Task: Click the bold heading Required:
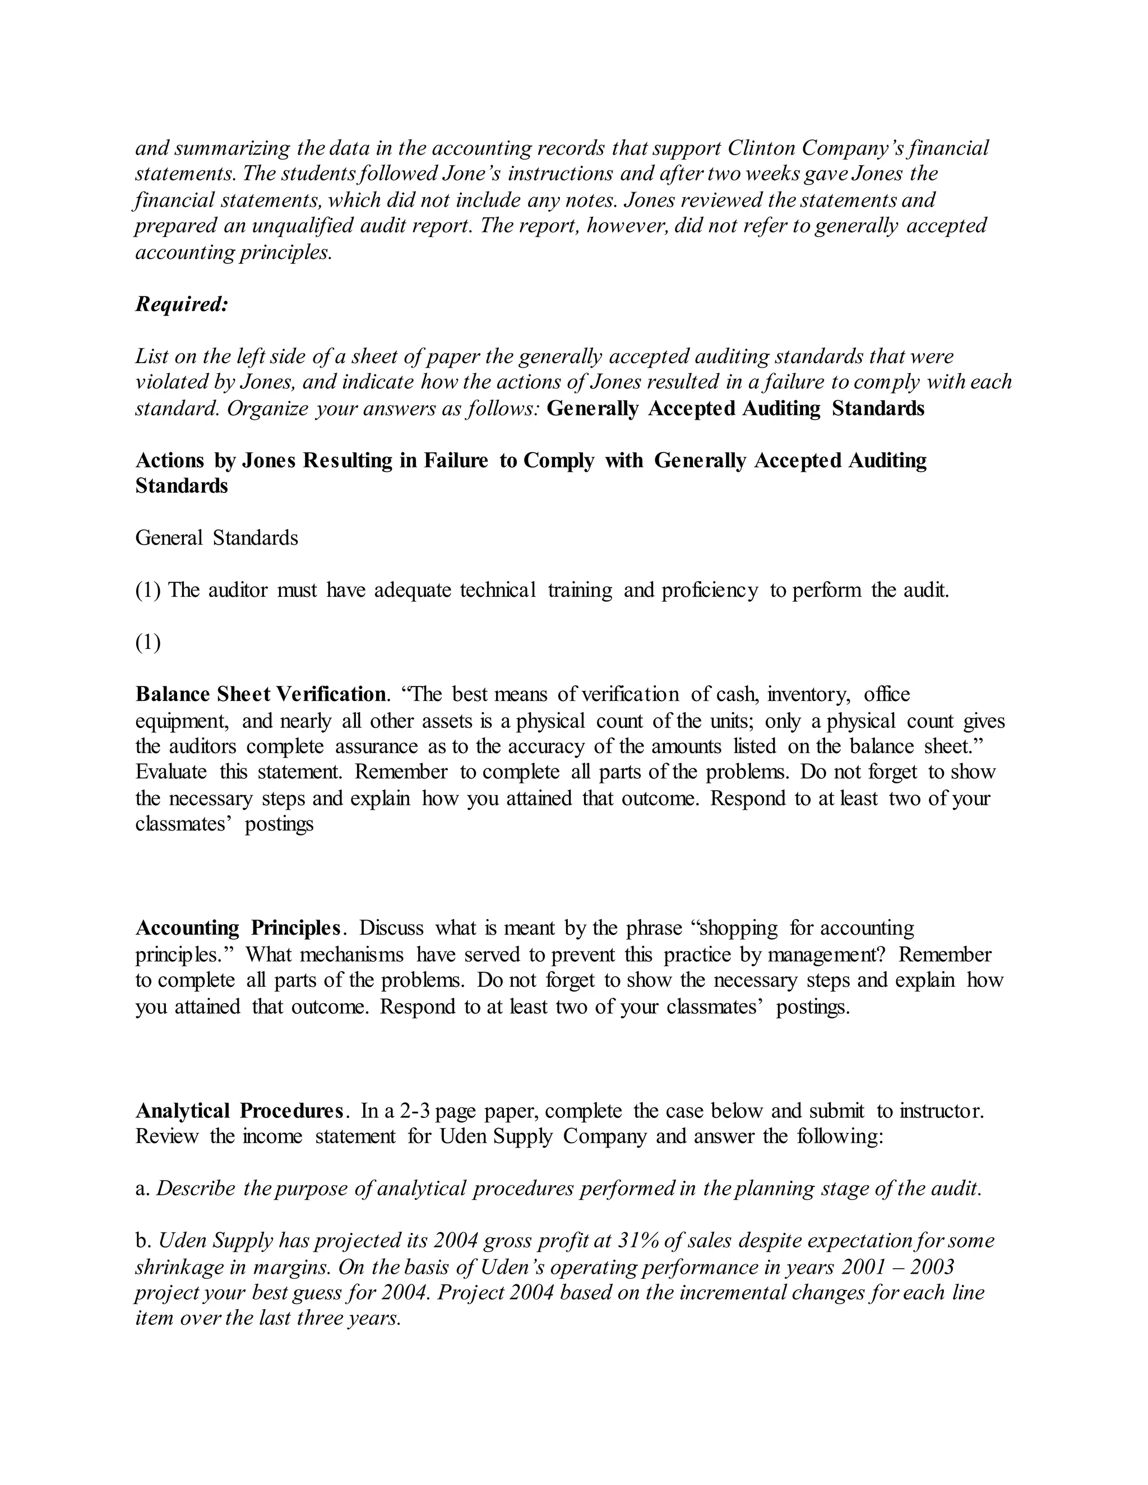182,304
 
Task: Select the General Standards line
216,538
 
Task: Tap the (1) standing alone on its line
147,643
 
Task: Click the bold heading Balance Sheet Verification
261,694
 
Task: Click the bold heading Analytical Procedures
239,1111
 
